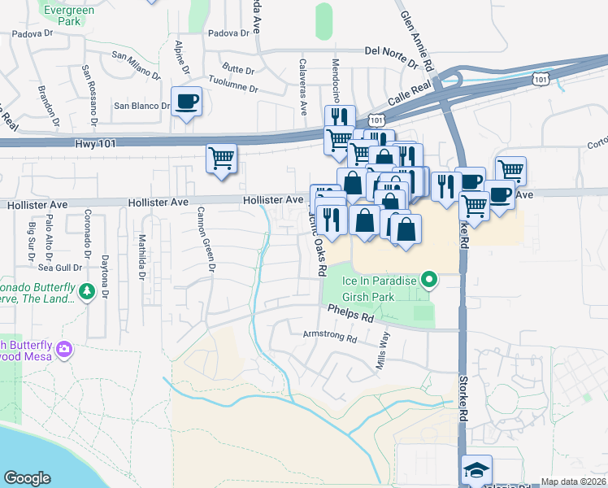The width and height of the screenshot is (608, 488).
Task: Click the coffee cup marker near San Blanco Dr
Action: pos(187,102)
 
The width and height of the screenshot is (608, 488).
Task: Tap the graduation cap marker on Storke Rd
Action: pos(476,470)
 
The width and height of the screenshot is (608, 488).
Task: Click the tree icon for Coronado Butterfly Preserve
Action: pos(85,290)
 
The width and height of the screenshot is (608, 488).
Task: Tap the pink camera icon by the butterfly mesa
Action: pos(64,351)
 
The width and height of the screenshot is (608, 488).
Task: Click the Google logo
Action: pos(27,478)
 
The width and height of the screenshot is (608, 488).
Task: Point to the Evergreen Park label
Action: pos(63,15)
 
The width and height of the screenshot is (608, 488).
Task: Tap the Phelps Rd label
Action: pos(350,313)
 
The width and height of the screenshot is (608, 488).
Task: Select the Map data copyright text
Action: pos(574,481)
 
